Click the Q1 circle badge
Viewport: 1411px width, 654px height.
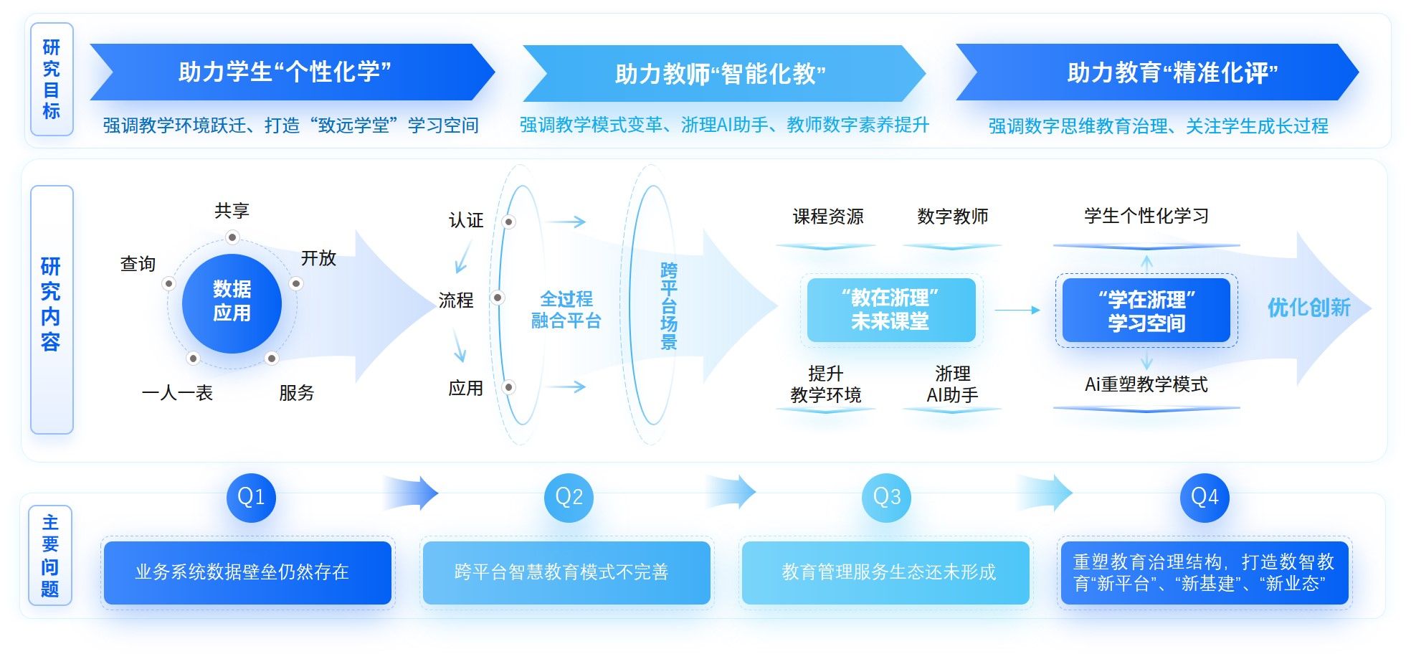click(x=251, y=497)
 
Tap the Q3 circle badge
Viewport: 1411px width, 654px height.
click(x=887, y=497)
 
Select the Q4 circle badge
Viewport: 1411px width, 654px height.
click(x=1205, y=497)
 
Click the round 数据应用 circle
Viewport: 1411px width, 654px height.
click(x=232, y=302)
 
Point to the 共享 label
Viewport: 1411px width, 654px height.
click(x=232, y=211)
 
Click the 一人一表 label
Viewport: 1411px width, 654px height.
click(x=177, y=393)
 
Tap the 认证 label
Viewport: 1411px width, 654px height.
click(x=466, y=220)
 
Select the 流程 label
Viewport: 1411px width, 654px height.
click(x=456, y=300)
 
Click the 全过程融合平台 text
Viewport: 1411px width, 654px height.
click(x=566, y=310)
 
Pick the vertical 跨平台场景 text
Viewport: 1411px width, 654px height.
click(x=668, y=306)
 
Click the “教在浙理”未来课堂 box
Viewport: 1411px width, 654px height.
click(x=890, y=310)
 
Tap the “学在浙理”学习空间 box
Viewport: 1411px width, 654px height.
click(x=1146, y=311)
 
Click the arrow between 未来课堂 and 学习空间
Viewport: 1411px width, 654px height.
click(x=1017, y=310)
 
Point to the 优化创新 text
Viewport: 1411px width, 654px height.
click(x=1308, y=308)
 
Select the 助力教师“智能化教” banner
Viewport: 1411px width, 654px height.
click(x=721, y=73)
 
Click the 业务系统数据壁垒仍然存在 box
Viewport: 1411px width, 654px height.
click(x=247, y=572)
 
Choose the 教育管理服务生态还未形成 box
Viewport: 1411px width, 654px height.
click(x=886, y=572)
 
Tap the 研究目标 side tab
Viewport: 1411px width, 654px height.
click(x=51, y=80)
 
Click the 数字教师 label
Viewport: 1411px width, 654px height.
click(x=952, y=217)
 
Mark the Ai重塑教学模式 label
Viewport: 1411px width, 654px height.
click(x=1146, y=385)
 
